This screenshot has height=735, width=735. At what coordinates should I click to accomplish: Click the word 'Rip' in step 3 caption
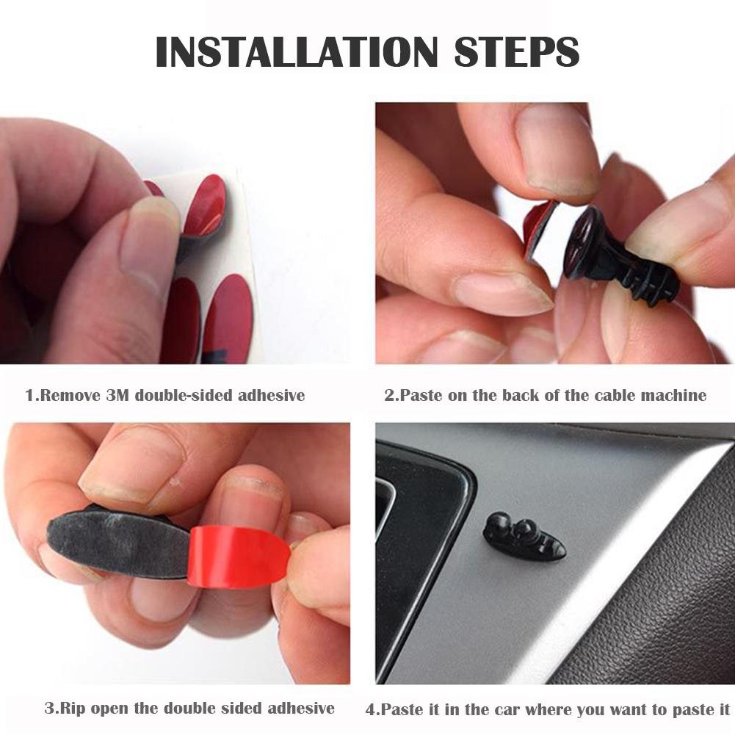70,709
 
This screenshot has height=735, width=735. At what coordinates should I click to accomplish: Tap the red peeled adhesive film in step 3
235,555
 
